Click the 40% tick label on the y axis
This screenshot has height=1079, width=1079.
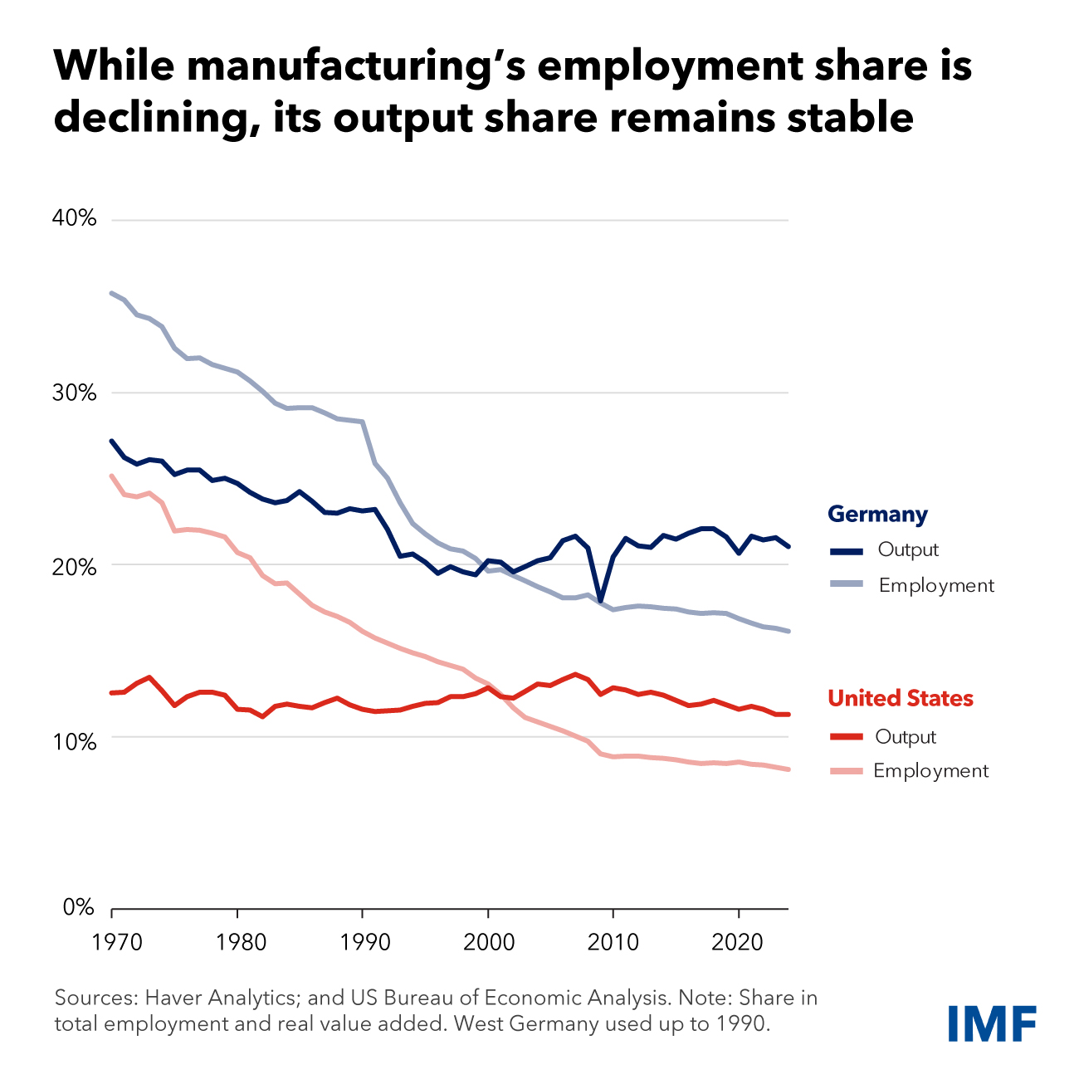click(x=76, y=219)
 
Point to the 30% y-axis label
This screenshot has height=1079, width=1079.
click(x=76, y=392)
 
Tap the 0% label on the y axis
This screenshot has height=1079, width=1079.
click(x=80, y=908)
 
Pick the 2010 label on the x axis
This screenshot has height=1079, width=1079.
click(x=613, y=942)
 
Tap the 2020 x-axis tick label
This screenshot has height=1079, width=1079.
click(x=739, y=942)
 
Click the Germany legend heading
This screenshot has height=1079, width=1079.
click(x=877, y=515)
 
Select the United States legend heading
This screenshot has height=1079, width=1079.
click(x=901, y=698)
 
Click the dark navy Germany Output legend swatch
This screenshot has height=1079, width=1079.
click(x=847, y=550)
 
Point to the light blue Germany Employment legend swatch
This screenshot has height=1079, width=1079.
click(x=847, y=585)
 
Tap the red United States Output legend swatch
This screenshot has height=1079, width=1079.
click(x=847, y=737)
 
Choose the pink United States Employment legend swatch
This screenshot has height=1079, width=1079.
click(x=847, y=771)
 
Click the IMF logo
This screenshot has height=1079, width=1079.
click(x=993, y=1023)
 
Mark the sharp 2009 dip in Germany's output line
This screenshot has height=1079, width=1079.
click(x=600, y=600)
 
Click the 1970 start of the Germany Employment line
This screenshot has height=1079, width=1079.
click(x=112, y=293)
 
